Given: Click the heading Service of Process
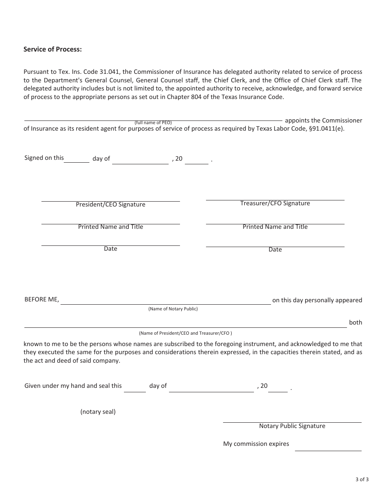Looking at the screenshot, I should coord(53,49).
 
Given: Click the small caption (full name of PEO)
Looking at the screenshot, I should coord(153,123).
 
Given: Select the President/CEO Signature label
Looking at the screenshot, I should coord(111,204).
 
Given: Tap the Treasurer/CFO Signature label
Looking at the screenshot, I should coord(275,203).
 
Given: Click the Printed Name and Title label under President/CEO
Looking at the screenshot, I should coord(111,227).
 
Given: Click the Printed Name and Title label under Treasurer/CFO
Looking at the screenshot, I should coord(275,227).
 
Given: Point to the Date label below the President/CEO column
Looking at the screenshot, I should coord(111,249).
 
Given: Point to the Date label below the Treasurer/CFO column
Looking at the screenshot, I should coord(275,249).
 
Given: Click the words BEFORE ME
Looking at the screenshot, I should coord(42,300).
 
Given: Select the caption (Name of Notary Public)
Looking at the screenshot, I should coord(173,309).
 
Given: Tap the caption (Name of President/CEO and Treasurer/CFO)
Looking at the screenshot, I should coord(185,333).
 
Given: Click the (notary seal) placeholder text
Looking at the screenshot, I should coord(98,412).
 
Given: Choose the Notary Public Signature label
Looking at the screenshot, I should coord(292,426).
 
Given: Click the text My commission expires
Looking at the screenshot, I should coord(256,444).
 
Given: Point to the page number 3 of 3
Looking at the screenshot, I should coord(362,479).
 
